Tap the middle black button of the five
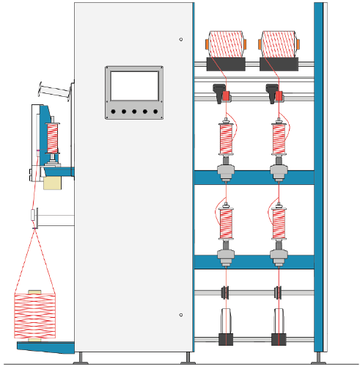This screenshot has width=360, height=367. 134,112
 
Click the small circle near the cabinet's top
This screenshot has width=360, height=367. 181,39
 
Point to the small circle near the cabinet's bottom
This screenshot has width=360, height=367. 181,315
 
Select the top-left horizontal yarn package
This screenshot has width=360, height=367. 225,45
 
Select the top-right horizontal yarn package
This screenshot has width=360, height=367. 278,45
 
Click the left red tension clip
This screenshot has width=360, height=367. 226,95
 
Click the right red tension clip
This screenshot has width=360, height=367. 279,95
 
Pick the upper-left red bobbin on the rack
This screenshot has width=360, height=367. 226,138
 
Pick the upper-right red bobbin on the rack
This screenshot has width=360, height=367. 279,138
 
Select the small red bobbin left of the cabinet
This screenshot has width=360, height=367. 52,137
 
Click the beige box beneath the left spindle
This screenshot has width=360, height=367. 52,182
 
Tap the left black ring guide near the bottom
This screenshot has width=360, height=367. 225,292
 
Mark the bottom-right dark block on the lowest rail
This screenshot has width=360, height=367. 279,340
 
